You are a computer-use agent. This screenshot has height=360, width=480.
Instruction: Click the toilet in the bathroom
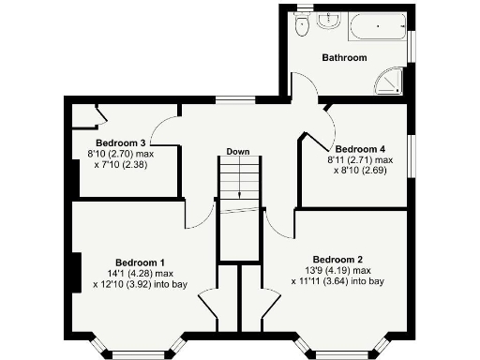click(302, 28)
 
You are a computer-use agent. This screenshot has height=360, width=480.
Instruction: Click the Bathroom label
click(344, 58)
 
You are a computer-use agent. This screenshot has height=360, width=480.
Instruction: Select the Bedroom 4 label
click(360, 149)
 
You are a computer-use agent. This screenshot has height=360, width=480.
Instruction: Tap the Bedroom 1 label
click(141, 262)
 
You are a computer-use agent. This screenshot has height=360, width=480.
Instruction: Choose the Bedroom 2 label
click(337, 260)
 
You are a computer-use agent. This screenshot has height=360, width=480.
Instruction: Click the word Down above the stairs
click(237, 152)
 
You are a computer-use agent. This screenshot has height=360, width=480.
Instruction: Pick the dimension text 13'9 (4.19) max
click(337, 271)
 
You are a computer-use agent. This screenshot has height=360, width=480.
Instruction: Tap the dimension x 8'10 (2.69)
click(360, 171)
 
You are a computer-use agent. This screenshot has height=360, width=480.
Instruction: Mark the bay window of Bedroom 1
click(139, 351)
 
